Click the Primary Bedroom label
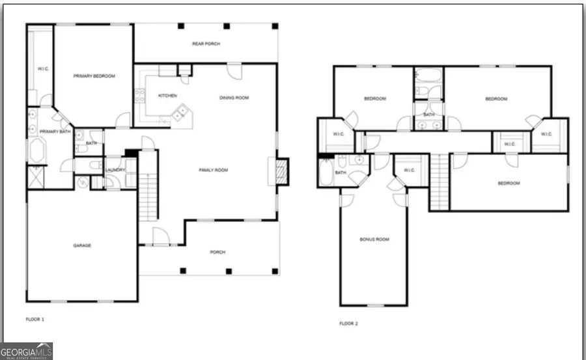point(94,77)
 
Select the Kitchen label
point(167,96)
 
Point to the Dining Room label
point(234,98)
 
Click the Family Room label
point(214,170)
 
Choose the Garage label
point(81,245)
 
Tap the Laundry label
point(115,170)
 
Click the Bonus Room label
point(374,240)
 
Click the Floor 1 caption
point(35,320)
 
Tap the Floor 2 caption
point(348,324)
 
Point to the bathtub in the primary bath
point(36,152)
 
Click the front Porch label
point(217,253)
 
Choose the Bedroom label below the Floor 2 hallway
point(509,184)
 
